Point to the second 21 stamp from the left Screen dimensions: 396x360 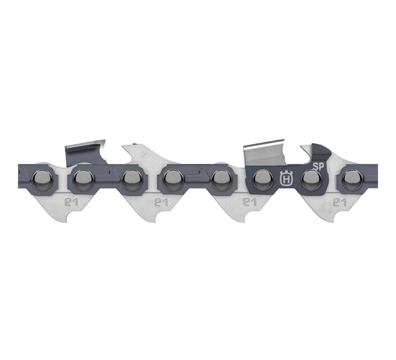coord(161,203)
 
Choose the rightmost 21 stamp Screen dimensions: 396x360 coord(339,203)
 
